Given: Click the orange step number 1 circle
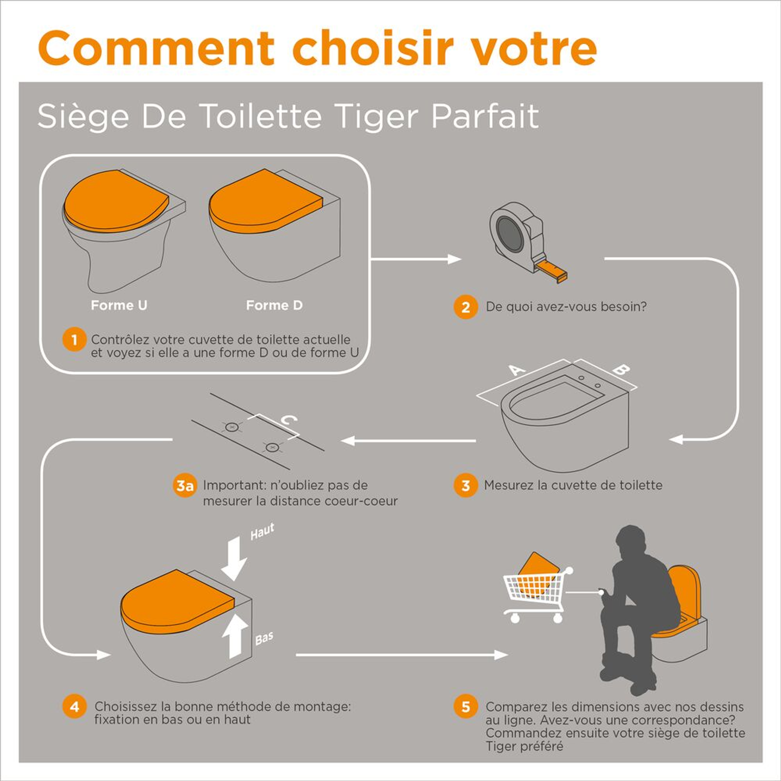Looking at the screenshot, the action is pos(74,339).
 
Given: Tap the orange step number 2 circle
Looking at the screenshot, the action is pos(466,307).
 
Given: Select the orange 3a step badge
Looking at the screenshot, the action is pos(184,485).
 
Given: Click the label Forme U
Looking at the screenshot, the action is pos(119,305).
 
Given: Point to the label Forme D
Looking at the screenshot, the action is pos(274,305).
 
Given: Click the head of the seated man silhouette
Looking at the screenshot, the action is pos(633,542).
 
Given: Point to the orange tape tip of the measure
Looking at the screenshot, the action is pos(554,271).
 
